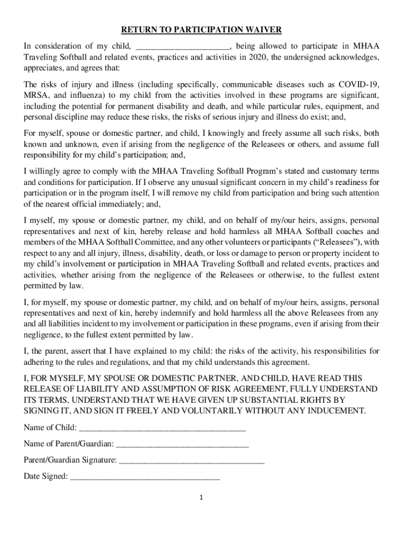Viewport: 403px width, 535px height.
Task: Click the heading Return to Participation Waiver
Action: [201, 30]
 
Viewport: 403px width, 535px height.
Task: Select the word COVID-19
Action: [359, 85]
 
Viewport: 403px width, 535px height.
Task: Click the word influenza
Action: [88, 96]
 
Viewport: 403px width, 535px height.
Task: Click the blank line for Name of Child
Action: [162, 428]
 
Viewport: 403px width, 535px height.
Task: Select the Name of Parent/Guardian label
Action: [69, 444]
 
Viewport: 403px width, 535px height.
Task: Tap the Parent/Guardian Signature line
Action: [192, 460]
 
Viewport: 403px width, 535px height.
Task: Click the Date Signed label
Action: [46, 476]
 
